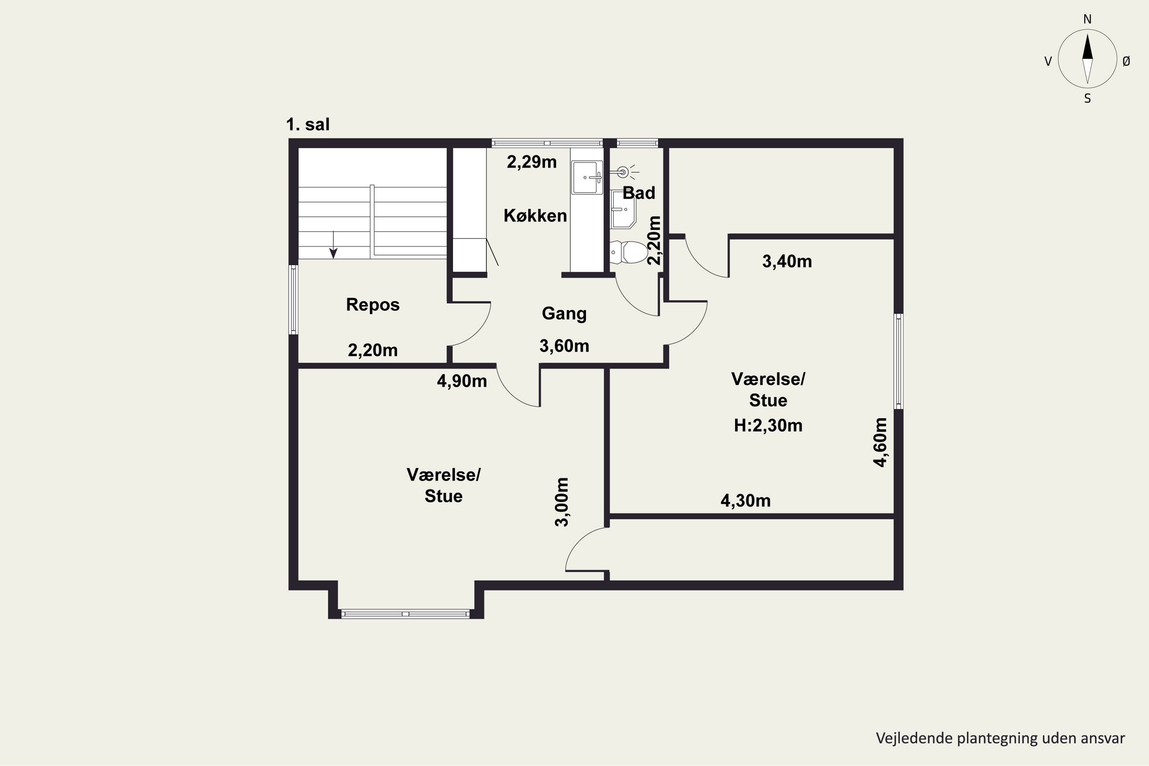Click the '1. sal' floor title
(x=308, y=124)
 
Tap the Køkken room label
(x=535, y=215)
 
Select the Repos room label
(x=373, y=305)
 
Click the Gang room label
(x=564, y=314)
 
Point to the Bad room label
(x=638, y=193)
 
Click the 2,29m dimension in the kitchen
(x=532, y=162)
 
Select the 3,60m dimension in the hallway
(x=564, y=346)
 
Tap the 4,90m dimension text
(x=462, y=381)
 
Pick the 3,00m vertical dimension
(x=562, y=502)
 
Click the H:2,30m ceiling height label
(x=768, y=426)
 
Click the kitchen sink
(x=587, y=177)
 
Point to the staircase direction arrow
(x=333, y=245)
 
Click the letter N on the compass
(x=1087, y=20)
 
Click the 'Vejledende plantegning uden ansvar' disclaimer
(x=1000, y=738)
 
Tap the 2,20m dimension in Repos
(x=373, y=350)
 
